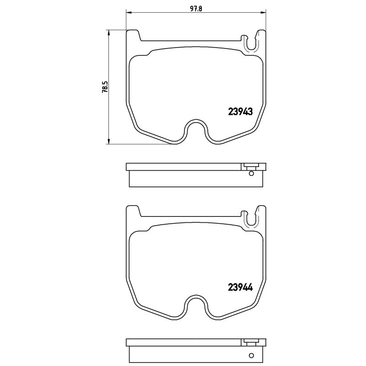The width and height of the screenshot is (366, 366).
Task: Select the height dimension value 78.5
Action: (105, 87)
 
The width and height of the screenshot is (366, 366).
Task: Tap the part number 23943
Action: (240, 111)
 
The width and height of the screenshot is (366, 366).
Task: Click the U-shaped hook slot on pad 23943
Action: (251, 42)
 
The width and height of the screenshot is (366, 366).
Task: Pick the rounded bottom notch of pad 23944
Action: (196, 306)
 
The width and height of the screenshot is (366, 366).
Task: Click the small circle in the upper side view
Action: (251, 172)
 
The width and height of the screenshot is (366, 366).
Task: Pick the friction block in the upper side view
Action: (192, 179)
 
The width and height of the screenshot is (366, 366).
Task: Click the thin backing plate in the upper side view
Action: (183, 167)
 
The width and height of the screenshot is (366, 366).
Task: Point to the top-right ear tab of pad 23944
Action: (261, 211)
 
